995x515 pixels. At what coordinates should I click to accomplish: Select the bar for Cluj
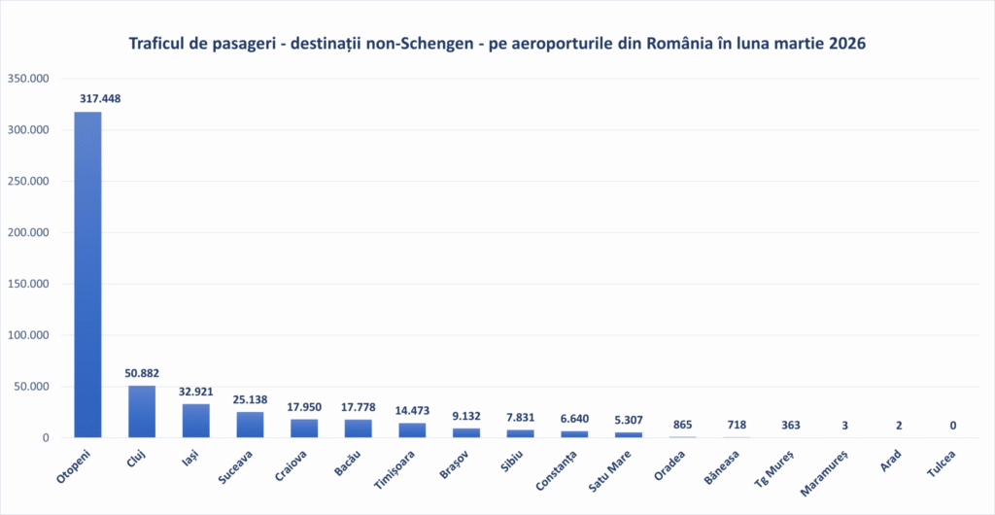(142, 412)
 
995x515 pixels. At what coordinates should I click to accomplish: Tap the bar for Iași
(195, 421)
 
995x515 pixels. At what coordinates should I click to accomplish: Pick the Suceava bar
(250, 425)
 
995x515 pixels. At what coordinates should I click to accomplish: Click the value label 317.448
(100, 98)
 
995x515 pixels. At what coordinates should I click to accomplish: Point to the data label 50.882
(142, 373)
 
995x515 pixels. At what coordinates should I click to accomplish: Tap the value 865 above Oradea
(682, 425)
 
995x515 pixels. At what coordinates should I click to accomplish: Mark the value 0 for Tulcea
(952, 425)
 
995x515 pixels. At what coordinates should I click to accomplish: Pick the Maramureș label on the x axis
(828, 469)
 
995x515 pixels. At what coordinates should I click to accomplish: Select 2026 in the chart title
(845, 45)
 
